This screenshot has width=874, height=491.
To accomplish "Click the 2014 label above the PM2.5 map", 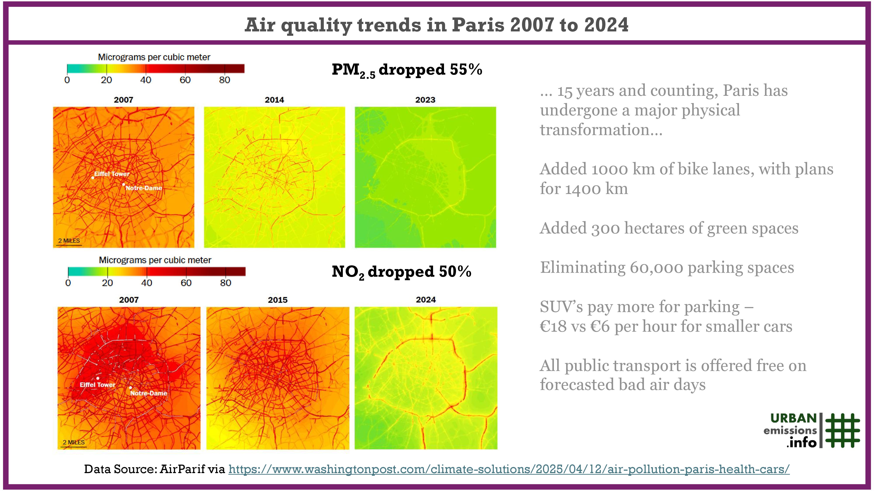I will click(274, 100).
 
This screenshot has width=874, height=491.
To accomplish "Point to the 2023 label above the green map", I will click(425, 100).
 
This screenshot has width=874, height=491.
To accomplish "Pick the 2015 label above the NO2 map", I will click(277, 300).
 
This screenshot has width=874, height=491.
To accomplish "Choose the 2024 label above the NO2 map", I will click(426, 300).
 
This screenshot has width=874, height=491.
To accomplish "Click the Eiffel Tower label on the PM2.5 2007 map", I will click(112, 174).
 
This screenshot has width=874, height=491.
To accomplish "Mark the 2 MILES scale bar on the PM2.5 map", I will click(69, 241).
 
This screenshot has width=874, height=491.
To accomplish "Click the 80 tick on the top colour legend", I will click(224, 80).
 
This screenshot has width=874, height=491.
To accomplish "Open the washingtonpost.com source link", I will click(509, 469).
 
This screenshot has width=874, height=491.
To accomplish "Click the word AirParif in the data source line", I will click(182, 469).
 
